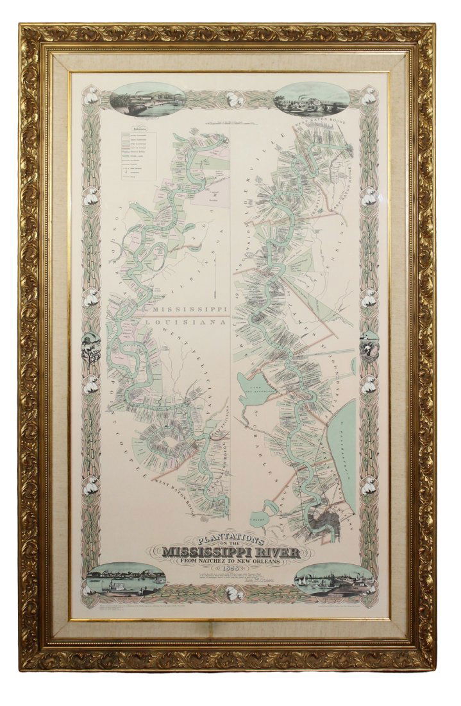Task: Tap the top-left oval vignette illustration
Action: click(147, 101)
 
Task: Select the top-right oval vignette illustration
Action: click(312, 99)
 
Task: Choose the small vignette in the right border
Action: click(369, 347)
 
